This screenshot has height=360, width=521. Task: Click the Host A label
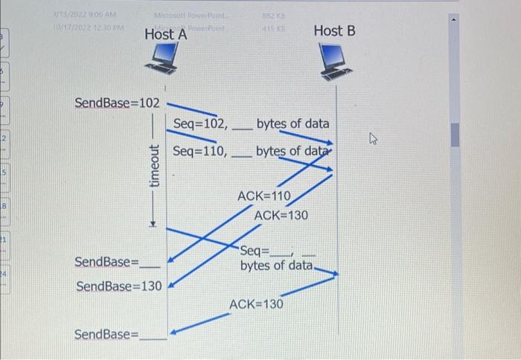pos(164,34)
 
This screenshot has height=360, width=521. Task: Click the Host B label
pos(334,30)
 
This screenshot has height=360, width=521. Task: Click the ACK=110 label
pos(263,196)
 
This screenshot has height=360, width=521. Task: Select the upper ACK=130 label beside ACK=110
pos(281,215)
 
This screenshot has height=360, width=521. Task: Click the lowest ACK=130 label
pos(256,304)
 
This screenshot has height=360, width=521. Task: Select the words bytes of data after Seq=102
pos(292,124)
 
